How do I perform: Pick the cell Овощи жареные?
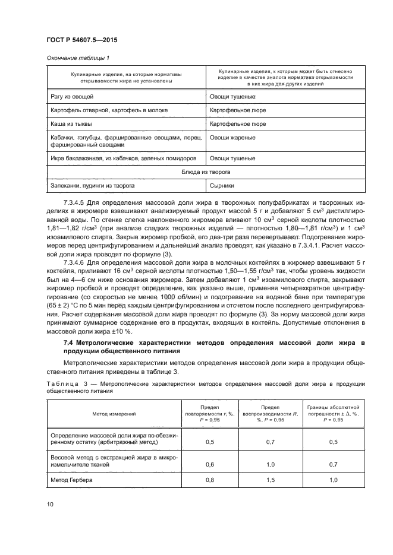[232, 138]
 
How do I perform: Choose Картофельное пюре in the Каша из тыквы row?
[238, 124]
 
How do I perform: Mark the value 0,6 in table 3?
[209, 464]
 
